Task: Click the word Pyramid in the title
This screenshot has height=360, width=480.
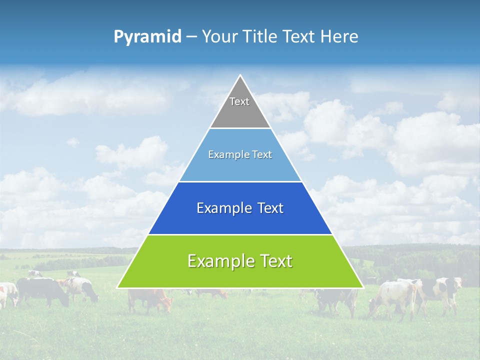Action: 147,37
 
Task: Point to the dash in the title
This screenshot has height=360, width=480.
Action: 191,37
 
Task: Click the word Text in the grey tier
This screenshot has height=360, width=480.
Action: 239,101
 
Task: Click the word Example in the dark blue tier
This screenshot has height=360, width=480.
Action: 222,208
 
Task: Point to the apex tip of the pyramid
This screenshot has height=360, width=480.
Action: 240,75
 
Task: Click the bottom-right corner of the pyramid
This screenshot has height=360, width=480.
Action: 362,287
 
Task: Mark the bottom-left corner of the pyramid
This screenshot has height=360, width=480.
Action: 117,287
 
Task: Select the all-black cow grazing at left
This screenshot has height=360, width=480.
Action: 42,290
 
